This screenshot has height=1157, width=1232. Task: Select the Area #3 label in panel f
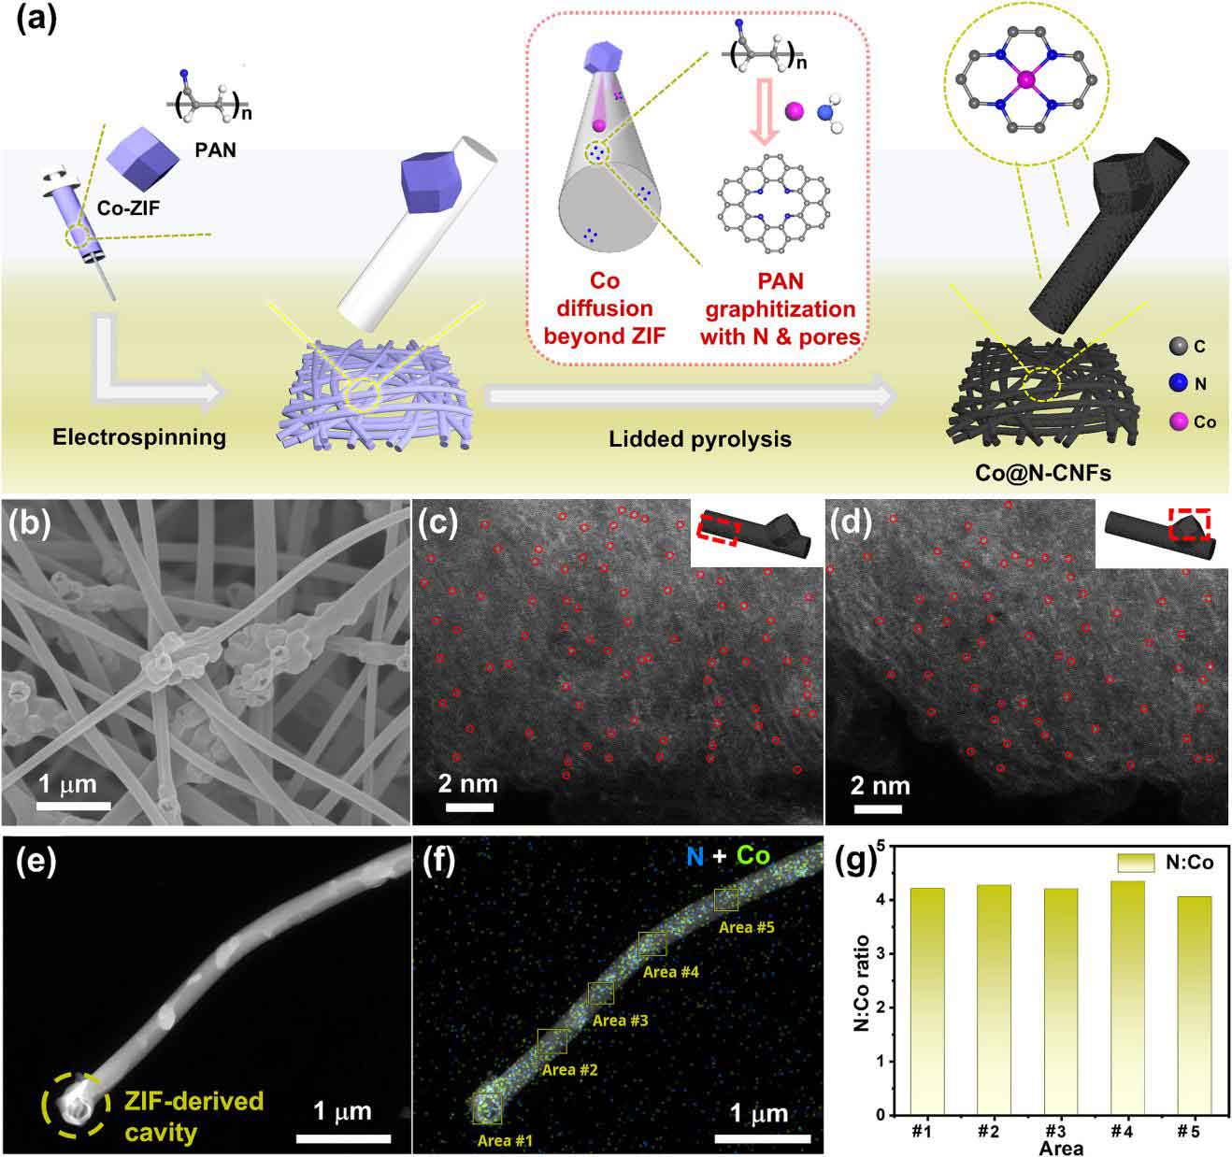[x=620, y=1021]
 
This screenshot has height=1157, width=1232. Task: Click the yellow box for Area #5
[x=726, y=899]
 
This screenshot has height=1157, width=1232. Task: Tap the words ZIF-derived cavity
[x=194, y=1117]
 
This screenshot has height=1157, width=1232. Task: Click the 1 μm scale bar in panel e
[x=343, y=1137]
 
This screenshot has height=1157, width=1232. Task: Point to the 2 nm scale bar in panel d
[x=879, y=810]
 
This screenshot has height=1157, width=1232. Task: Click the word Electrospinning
[x=139, y=437]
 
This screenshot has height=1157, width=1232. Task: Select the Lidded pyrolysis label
[x=699, y=438]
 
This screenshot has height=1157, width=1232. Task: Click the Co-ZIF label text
[x=128, y=207]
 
